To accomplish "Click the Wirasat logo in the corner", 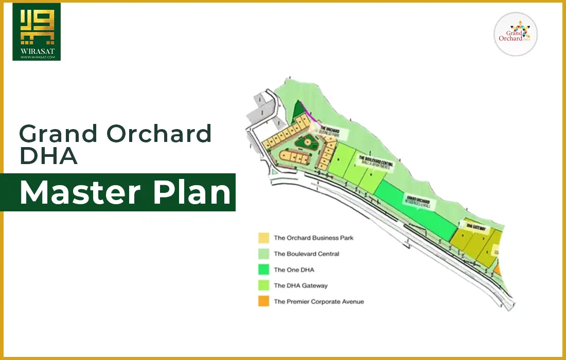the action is click(37, 32).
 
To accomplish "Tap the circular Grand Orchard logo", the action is click(516, 34).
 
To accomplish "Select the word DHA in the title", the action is click(48, 156).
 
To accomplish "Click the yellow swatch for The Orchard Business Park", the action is click(263, 238).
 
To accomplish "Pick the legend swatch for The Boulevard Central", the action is click(263, 254).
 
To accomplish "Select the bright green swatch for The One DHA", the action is click(263, 270).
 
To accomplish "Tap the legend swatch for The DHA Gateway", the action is click(263, 286).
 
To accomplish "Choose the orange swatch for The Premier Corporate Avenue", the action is click(263, 302).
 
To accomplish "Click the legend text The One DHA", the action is click(294, 270).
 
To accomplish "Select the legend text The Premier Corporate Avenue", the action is click(319, 302).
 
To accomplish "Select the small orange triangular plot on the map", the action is click(497, 269).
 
